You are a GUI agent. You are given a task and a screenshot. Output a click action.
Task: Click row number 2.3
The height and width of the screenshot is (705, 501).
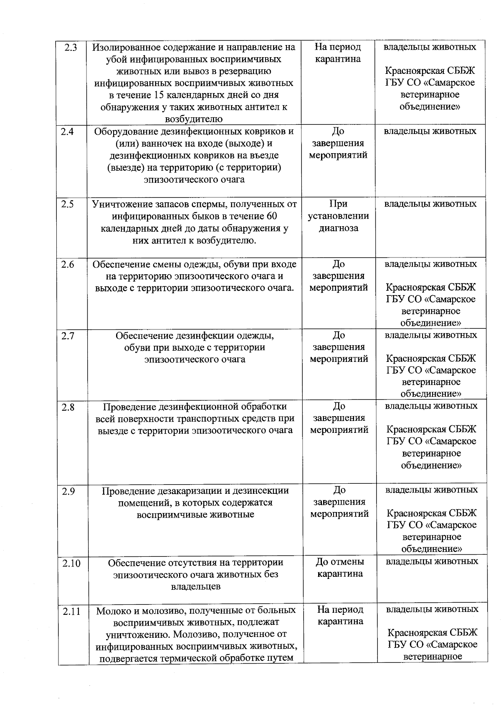click(71, 47)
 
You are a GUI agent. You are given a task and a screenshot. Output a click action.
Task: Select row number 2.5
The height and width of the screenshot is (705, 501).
click(67, 204)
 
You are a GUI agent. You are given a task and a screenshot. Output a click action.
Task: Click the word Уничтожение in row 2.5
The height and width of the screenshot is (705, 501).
click(120, 204)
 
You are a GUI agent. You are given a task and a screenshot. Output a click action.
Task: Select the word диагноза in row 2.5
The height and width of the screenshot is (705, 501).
click(339, 228)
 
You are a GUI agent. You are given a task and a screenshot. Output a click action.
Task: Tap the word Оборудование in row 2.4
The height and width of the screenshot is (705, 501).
click(124, 131)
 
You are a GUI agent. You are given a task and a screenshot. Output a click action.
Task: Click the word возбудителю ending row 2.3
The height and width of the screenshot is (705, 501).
click(194, 119)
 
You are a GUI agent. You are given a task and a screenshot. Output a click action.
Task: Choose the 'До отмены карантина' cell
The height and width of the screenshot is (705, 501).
click(340, 568)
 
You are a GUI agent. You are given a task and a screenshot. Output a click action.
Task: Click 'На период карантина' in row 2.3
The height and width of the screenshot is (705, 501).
click(338, 53)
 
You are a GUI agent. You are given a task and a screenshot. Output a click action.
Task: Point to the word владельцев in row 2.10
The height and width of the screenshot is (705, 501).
click(195, 586)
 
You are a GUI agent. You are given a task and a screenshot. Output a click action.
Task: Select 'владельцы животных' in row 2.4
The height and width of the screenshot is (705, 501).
click(430, 131)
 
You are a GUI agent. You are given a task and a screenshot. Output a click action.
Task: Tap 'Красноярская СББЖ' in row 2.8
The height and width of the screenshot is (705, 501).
click(431, 429)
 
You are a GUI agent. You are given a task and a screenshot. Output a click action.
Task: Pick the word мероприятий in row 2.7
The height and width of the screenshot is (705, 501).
click(339, 359)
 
